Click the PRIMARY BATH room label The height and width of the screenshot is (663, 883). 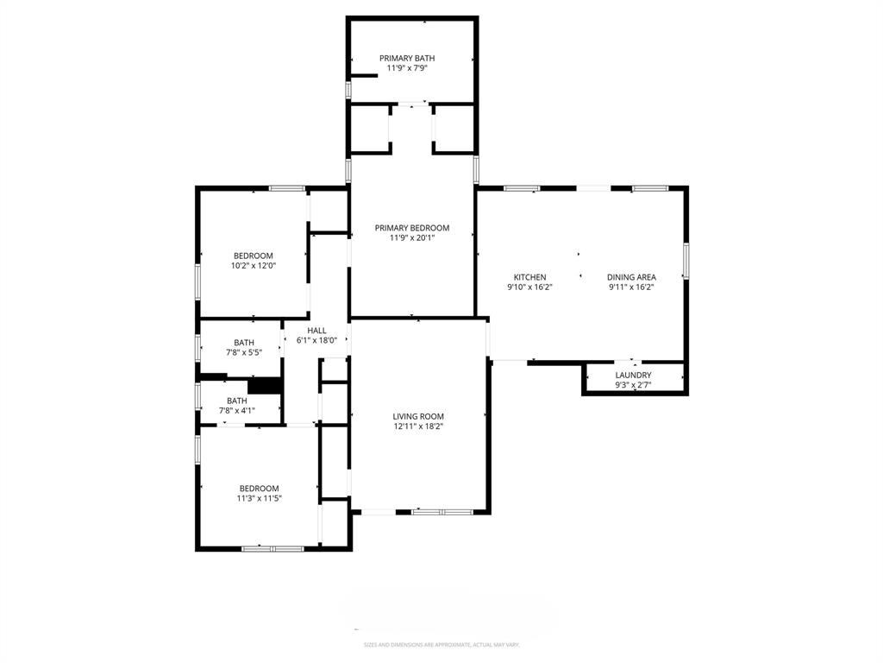point(411,58)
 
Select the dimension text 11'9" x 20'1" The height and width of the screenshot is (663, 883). point(411,238)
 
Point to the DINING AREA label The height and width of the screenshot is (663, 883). point(631,277)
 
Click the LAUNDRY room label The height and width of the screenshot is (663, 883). point(633,375)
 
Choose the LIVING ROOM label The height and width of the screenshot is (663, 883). point(418,416)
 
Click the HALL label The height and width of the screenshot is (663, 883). point(317,330)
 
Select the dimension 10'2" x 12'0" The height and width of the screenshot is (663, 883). point(253,266)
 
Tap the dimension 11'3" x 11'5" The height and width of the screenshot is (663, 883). point(260,498)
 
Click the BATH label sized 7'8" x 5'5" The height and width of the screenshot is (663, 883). point(243,343)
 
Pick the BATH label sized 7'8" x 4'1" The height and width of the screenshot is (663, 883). point(236,401)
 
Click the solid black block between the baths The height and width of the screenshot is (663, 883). point(266,386)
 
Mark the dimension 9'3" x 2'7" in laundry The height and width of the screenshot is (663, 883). point(633,385)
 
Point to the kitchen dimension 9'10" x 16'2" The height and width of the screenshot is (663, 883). point(529,287)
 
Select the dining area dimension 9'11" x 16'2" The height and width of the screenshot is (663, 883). point(631,287)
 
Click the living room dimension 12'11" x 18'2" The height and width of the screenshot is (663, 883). point(418,426)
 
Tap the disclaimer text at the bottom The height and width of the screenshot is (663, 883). point(441,645)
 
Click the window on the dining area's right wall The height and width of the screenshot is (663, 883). point(686,261)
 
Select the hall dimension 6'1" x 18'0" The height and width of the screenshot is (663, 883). point(317,340)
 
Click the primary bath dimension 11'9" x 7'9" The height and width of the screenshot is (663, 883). point(411,67)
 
